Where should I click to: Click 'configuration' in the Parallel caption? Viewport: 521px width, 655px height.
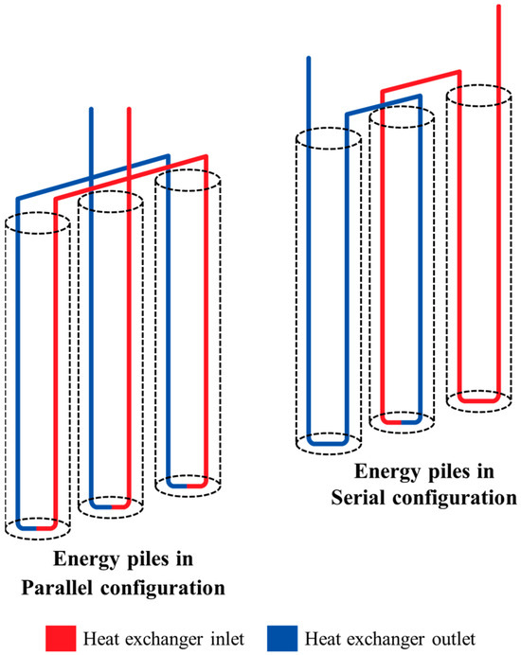[167, 588]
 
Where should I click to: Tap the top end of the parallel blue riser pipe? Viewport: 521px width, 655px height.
[91, 110]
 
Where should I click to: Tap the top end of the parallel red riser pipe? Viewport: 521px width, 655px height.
[129, 110]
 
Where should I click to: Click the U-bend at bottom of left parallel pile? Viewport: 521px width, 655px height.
[37, 526]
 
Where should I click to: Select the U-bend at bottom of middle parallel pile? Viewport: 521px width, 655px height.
[111, 506]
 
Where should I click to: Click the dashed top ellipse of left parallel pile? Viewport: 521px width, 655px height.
[37, 224]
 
